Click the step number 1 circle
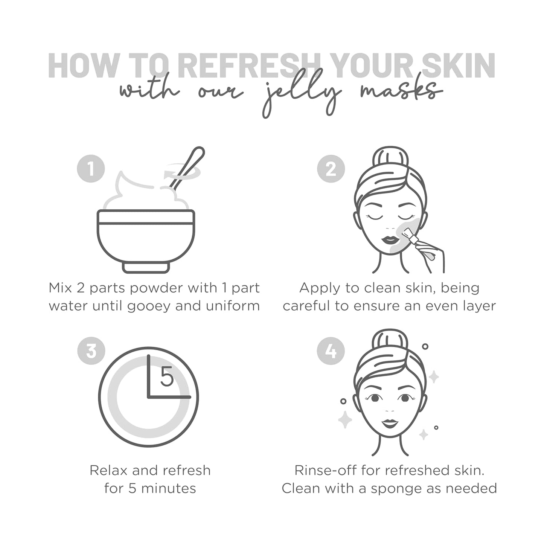coord(91,169)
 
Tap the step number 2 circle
coord(331,169)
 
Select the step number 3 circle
coord(91,351)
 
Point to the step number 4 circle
coord(331,351)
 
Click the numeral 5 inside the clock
coord(167,377)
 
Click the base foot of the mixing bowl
coord(146,267)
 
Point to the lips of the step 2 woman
coord(390,240)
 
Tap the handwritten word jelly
coord(301,96)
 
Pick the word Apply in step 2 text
coord(320,288)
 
